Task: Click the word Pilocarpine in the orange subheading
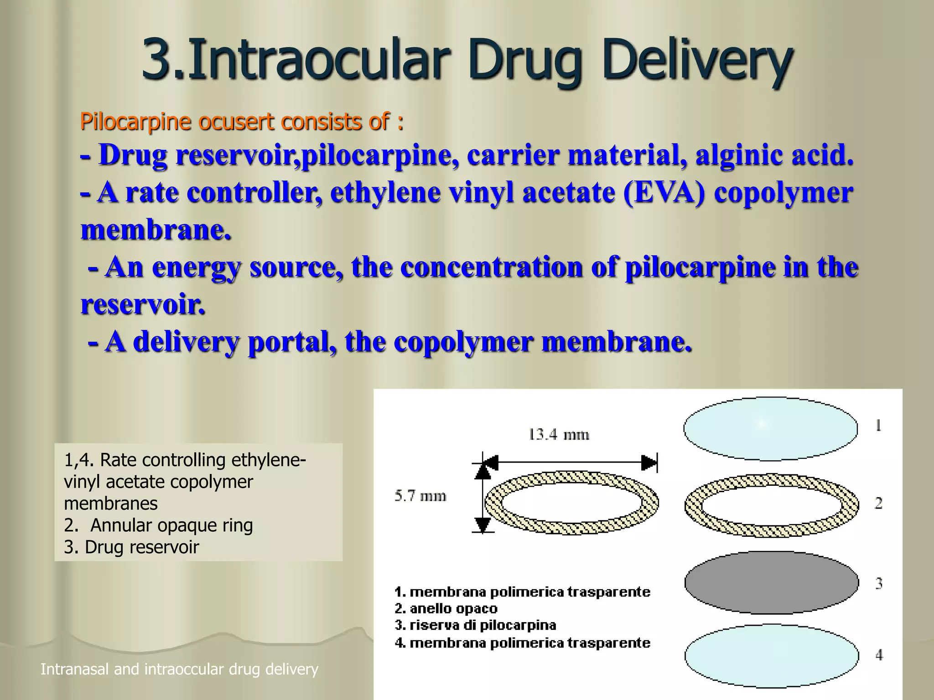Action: pos(135,122)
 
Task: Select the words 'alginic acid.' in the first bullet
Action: pos(774,155)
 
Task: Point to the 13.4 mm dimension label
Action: pos(559,434)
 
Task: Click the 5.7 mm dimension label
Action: pos(420,496)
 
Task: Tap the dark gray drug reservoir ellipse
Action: pos(771,583)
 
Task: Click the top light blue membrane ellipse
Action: pos(770,429)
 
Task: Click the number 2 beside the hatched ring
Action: pos(878,504)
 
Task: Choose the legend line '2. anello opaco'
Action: pos(446,608)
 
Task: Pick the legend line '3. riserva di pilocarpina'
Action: pos(475,625)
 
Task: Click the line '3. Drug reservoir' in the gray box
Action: pos(131,547)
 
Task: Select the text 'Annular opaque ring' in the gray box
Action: pos(171,525)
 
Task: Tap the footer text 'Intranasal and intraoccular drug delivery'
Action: pos(179,669)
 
